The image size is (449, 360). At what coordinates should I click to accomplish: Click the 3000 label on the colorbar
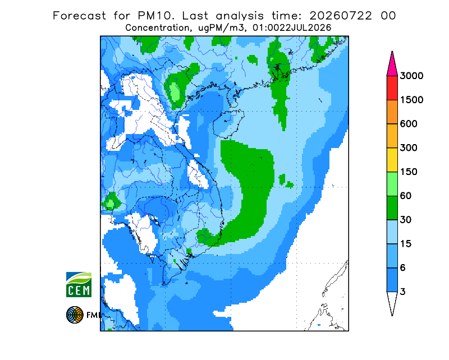(411, 76)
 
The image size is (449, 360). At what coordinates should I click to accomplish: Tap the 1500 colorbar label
(411, 100)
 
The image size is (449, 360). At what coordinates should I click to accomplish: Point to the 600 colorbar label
(409, 124)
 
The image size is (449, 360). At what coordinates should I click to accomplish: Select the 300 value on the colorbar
(409, 148)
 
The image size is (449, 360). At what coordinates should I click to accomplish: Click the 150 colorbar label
(409, 172)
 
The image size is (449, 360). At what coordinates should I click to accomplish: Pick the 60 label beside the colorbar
(406, 196)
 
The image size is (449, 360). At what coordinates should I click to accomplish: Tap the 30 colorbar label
(406, 220)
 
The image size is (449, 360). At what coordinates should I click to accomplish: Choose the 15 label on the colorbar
(406, 244)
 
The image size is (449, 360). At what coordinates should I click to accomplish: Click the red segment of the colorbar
(392, 88)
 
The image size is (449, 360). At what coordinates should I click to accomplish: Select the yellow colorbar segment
(392, 160)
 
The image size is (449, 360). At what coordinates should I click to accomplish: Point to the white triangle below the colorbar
(392, 302)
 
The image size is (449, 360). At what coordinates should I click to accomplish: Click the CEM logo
(79, 285)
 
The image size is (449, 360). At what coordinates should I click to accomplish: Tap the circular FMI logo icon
(75, 315)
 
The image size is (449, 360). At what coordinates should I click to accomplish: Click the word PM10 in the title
(155, 16)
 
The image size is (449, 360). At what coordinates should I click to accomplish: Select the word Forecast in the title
(79, 16)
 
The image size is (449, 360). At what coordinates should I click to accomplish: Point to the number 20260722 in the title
(341, 16)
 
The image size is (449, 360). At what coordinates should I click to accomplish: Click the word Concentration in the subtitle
(157, 28)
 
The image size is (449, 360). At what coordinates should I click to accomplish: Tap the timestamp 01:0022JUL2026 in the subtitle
(291, 28)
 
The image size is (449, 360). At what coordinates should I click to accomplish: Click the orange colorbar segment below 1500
(392, 112)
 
